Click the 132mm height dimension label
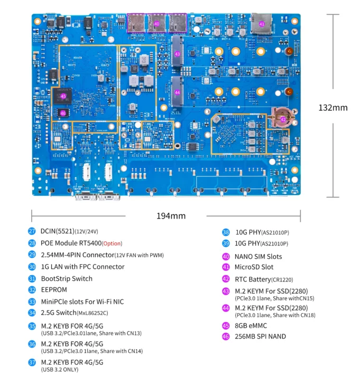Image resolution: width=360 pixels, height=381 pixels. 333,107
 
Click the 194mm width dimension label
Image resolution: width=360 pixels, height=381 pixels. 171,216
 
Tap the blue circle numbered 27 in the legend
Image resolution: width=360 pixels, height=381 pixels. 32,231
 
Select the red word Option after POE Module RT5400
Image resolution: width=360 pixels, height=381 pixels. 112,243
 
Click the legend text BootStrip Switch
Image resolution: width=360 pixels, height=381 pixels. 67,278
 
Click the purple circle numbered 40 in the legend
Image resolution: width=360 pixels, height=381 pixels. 226,256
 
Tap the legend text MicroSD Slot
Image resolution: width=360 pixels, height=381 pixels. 254,267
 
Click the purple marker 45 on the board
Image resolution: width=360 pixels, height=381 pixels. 63,96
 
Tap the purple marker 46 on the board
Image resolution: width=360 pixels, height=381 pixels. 63,113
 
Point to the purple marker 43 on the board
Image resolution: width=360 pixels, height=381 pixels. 178,54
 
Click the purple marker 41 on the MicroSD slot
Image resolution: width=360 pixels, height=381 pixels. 262,24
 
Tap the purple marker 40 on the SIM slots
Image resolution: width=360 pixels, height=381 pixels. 156,24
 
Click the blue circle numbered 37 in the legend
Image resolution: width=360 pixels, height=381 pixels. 32,362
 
